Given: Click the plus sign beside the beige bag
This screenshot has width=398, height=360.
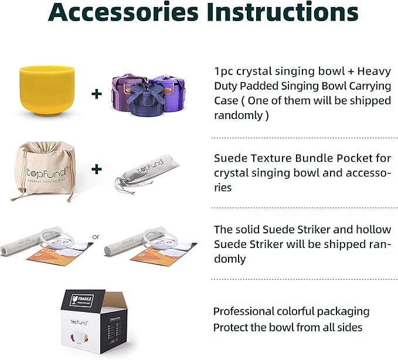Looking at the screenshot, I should [97, 169].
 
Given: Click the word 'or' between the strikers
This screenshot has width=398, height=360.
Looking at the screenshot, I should [97, 237].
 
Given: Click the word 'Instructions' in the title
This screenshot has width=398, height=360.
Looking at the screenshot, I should [281, 13].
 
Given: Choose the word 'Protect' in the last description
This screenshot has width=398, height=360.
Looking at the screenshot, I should [232, 327].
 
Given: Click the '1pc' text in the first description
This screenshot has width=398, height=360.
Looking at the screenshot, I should [224, 72].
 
